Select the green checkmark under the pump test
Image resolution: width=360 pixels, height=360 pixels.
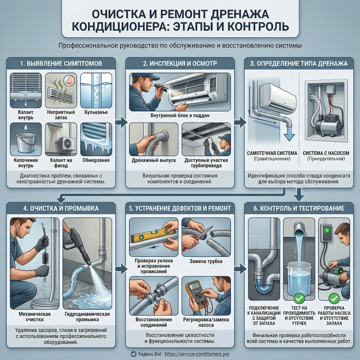point(334,298)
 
